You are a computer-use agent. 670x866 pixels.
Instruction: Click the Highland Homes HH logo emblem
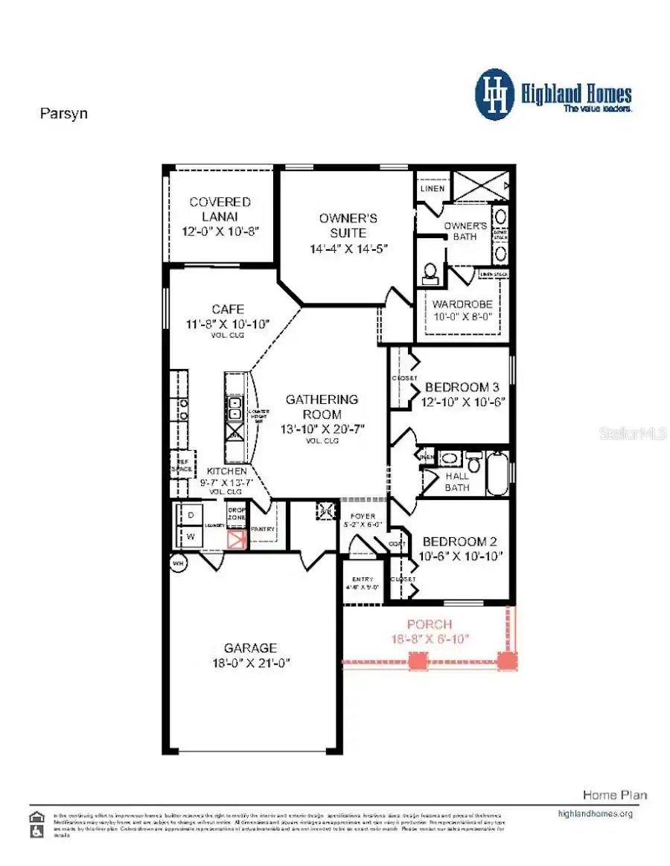(x=495, y=94)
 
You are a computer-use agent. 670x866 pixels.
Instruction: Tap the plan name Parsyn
(x=63, y=115)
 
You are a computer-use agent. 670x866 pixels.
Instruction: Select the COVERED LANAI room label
(x=220, y=202)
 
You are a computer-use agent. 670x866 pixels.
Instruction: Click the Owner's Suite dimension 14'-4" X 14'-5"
(x=348, y=248)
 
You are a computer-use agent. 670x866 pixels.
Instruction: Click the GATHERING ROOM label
(x=322, y=406)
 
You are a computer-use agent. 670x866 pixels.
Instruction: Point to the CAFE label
(x=227, y=309)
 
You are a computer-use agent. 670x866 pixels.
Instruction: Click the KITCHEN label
(x=226, y=472)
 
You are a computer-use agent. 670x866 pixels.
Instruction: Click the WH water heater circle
(x=179, y=564)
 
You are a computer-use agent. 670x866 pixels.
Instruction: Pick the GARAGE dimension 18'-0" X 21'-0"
(x=251, y=662)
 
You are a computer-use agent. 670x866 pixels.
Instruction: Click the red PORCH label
(x=429, y=623)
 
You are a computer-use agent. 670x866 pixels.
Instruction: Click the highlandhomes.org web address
(x=595, y=813)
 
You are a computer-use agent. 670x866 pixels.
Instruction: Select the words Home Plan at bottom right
(x=614, y=795)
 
